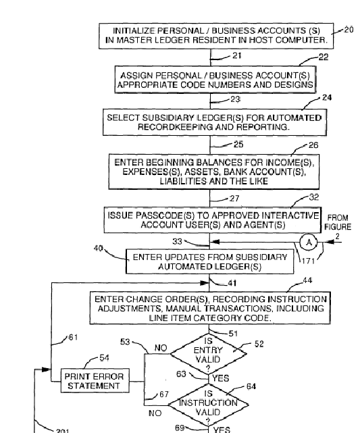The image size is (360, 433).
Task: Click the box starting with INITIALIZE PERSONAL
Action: pyautogui.click(x=216, y=36)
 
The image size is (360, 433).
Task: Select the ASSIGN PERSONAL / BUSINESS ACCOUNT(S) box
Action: pyautogui.click(x=215, y=80)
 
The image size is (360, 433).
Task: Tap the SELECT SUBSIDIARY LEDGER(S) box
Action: pyautogui.click(x=215, y=122)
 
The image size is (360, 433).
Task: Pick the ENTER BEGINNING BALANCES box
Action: pyautogui.click(x=214, y=172)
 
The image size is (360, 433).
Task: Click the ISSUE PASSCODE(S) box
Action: pyautogui.click(x=213, y=220)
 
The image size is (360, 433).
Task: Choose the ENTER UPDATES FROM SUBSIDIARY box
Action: pyautogui.click(x=210, y=261)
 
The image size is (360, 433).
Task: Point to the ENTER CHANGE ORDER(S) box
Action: pyautogui.click(x=210, y=308)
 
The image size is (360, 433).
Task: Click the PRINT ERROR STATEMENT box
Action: pyautogui.click(x=95, y=381)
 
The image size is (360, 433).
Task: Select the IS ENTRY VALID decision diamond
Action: pyautogui.click(x=209, y=354)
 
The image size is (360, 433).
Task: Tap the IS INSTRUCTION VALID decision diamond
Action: pyautogui.click(x=209, y=405)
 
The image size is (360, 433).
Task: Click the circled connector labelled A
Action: pyautogui.click(x=309, y=243)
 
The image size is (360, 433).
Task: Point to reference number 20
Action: pyautogui.click(x=349, y=30)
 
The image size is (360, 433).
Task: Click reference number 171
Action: pyautogui.click(x=308, y=261)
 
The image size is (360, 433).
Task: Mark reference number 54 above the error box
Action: pyautogui.click(x=104, y=358)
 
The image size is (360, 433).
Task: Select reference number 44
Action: pyautogui.click(x=307, y=280)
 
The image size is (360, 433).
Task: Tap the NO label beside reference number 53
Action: pyautogui.click(x=161, y=348)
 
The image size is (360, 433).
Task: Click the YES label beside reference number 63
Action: pyautogui.click(x=221, y=378)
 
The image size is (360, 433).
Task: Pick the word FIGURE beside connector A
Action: pyautogui.click(x=338, y=227)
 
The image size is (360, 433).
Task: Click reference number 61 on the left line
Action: pyautogui.click(x=73, y=337)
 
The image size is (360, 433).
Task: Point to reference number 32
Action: pyautogui.click(x=314, y=197)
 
